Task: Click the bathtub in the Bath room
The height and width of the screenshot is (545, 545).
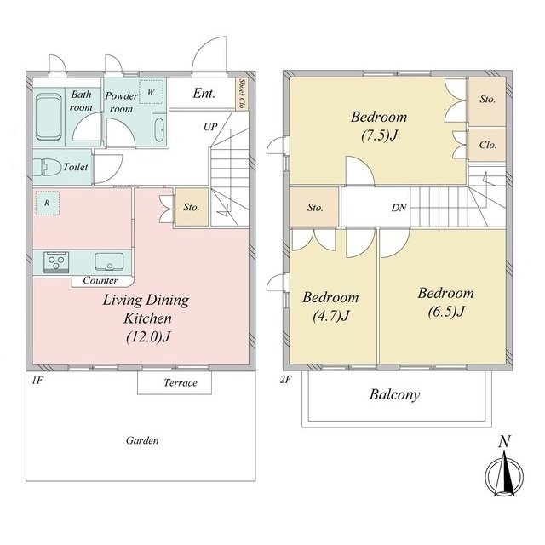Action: pos(49,116)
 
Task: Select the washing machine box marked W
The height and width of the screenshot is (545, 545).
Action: pos(152,92)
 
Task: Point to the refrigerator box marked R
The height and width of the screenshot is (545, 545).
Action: pos(47,203)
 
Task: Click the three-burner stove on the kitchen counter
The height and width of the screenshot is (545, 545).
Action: pos(56,262)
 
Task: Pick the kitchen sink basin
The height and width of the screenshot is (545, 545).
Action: pos(109,262)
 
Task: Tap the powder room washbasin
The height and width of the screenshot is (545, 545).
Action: pos(159,129)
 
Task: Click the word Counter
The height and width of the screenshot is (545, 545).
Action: pos(100,280)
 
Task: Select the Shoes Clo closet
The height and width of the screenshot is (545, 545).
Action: pos(242,94)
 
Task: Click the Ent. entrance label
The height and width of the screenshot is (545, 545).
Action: pos(204,93)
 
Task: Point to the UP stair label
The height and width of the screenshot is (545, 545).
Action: pos(210,127)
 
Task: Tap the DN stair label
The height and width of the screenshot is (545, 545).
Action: pos(399,208)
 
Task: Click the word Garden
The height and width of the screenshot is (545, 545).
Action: pos(142,441)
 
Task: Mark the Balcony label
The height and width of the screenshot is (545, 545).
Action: pos(394,394)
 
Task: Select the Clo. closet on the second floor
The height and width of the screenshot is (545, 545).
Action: pos(487,146)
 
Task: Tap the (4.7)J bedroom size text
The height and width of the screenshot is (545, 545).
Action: pos(331,316)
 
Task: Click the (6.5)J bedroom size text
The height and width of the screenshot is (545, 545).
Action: pos(446,312)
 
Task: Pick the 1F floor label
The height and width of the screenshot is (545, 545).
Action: pos(37,381)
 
